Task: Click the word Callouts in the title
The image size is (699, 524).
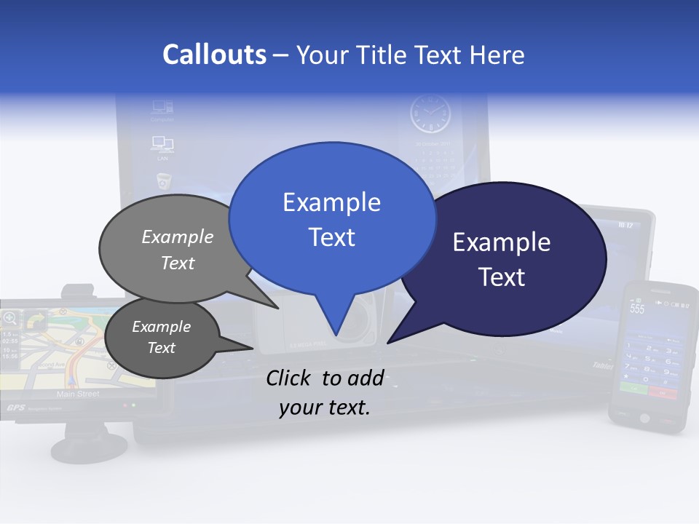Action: (214, 55)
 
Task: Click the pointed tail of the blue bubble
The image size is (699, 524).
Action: (335, 331)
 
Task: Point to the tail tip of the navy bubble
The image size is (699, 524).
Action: (390, 341)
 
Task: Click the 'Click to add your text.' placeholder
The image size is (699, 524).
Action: (325, 392)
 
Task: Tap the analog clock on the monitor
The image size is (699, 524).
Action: (430, 114)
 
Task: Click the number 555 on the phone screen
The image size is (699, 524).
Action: (637, 309)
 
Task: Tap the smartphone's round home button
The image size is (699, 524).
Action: (644, 418)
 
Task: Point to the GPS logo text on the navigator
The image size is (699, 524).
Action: (15, 408)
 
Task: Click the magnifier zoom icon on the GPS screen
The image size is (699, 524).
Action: (10, 318)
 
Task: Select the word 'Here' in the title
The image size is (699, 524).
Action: (498, 55)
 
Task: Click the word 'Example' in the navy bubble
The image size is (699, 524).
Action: (501, 242)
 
